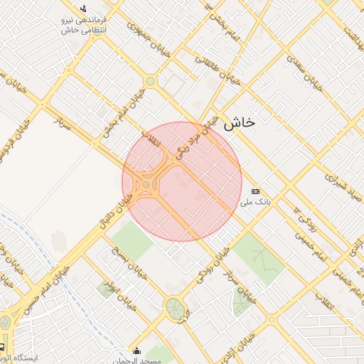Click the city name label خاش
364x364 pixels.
pyautogui.click(x=239, y=122)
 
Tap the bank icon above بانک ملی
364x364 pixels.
pyautogui.click(x=255, y=191)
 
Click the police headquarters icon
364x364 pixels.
pyautogui.click(x=84, y=9)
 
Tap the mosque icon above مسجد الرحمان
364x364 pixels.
pyautogui.click(x=136, y=350)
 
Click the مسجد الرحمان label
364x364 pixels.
pyautogui.click(x=136, y=361)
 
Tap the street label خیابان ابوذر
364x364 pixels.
pyautogui.click(x=117, y=292)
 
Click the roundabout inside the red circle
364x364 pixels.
pyautogui.click(x=146, y=186)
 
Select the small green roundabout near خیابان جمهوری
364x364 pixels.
pyautogui.click(x=150, y=82)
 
